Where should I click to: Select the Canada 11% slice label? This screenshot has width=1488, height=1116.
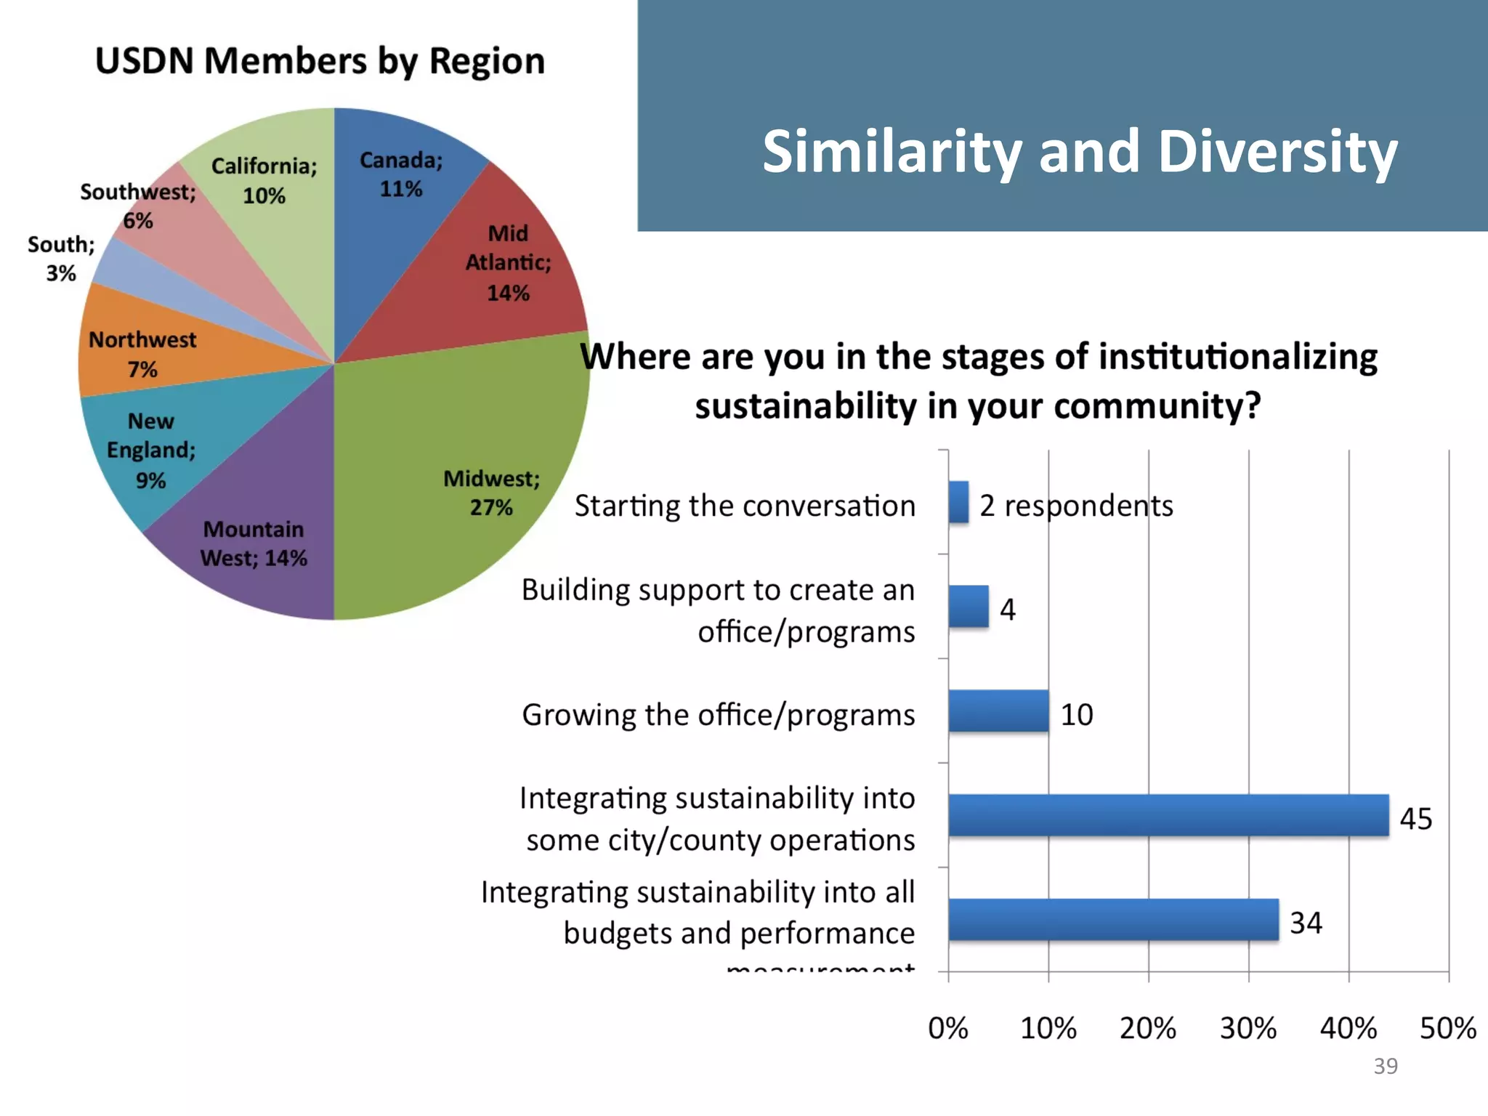point(401,174)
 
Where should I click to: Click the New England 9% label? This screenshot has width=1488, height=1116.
point(151,450)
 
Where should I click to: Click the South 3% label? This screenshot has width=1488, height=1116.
point(61,259)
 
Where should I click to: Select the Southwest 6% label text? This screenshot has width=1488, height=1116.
point(138,206)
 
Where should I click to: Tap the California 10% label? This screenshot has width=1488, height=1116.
point(264,180)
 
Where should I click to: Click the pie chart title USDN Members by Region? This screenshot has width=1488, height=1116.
point(320,61)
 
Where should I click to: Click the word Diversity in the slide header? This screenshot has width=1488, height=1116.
point(1277,151)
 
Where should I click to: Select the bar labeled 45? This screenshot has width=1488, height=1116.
point(1168,815)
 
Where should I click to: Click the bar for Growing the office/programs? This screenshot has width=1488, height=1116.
point(998,711)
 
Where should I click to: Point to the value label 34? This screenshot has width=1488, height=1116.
point(1306,923)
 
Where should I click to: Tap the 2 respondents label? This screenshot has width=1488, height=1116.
point(1076,506)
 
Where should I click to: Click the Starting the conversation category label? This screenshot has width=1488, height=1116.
point(745,506)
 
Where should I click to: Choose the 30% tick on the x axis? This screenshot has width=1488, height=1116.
point(1248,1029)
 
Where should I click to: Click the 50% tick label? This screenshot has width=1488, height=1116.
point(1447,1029)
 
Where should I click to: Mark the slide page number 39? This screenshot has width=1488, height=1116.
point(1386,1066)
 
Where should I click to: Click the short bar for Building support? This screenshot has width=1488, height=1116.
point(969,607)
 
